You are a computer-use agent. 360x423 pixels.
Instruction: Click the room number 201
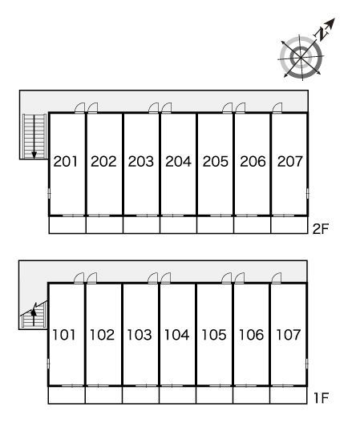(66, 161)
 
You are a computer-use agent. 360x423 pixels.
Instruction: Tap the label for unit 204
(178, 161)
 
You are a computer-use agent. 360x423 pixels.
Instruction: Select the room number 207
(289, 161)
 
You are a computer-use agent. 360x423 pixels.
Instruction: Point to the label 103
(140, 335)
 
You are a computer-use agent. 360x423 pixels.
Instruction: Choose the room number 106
(251, 335)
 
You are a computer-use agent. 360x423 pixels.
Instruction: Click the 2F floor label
(320, 229)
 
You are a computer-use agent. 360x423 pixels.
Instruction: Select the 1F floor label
(321, 397)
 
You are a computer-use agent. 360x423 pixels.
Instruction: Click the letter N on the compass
(322, 34)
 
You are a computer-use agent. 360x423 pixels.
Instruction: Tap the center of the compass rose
(301, 58)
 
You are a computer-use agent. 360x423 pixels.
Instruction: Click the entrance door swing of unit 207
(277, 107)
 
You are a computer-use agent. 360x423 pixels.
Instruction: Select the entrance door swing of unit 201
(80, 107)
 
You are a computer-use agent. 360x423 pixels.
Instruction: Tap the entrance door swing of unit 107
(277, 278)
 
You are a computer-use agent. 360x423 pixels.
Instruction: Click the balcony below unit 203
(142, 224)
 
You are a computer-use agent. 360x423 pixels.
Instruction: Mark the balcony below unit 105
(214, 395)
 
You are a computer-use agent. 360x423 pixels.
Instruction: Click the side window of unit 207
(308, 193)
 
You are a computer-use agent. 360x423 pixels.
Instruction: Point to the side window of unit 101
(48, 364)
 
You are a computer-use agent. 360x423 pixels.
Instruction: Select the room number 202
(103, 161)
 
